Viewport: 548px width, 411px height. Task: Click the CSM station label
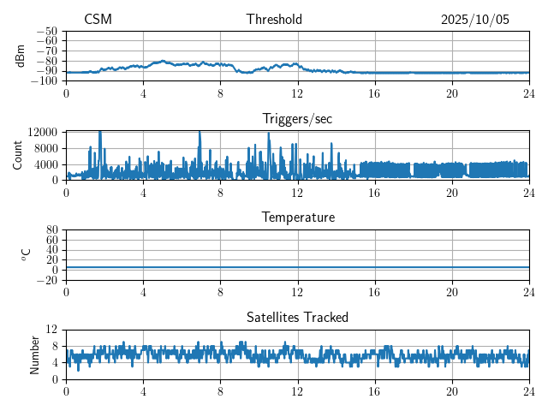click(98, 20)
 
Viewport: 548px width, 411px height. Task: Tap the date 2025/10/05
click(475, 20)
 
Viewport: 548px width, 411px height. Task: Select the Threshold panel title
click(274, 20)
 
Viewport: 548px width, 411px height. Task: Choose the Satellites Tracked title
click(297, 317)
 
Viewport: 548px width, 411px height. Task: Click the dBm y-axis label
click(21, 56)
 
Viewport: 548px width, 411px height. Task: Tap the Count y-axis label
click(18, 155)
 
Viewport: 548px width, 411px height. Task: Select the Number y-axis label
click(35, 354)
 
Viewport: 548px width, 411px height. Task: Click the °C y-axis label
click(27, 254)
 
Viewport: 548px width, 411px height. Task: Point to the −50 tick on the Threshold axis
click(47, 31)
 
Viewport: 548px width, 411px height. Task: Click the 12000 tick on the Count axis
click(42, 132)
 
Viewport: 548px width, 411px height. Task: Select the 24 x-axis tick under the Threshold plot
click(529, 92)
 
